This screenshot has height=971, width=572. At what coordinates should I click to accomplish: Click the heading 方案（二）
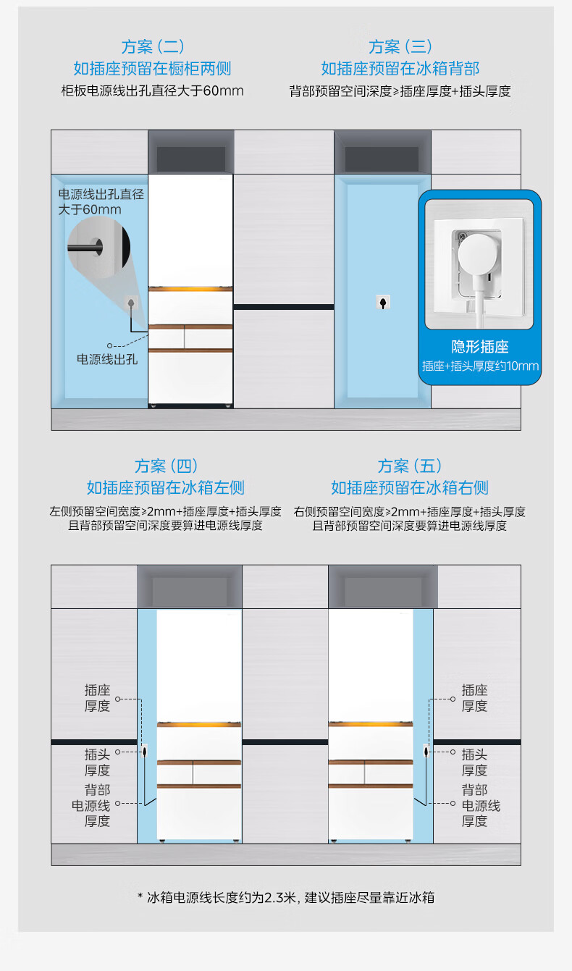153,46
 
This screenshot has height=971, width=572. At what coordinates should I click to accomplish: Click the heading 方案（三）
400,46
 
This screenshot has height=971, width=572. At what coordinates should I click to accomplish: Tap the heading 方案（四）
166,466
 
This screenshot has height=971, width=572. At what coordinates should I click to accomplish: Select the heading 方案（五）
410,466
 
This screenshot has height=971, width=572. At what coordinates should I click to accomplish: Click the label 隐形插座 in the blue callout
480,347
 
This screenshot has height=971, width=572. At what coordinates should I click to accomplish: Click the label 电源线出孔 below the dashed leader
107,359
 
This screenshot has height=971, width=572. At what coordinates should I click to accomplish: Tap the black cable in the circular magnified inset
85,248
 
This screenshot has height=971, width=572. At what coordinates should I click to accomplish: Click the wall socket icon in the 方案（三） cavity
382,302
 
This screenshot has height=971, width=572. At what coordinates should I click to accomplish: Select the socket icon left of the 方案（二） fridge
131,302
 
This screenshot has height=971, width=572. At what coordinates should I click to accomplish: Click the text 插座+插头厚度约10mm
480,366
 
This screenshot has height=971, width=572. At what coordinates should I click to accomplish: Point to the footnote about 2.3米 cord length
286,897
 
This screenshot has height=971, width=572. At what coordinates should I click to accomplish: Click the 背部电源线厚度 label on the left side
91,805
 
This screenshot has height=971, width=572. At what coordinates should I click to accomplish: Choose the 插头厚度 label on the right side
474,762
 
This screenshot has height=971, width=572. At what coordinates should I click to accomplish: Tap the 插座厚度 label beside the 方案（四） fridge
98,698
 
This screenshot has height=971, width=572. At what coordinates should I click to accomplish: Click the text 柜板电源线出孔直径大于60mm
152,91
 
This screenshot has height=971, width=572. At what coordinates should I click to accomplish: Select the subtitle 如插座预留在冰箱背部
400,69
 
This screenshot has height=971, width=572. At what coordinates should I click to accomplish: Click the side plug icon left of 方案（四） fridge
145,751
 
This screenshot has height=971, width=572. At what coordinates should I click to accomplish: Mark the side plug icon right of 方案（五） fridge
426,751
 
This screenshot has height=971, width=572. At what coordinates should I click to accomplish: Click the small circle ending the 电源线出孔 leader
109,345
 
